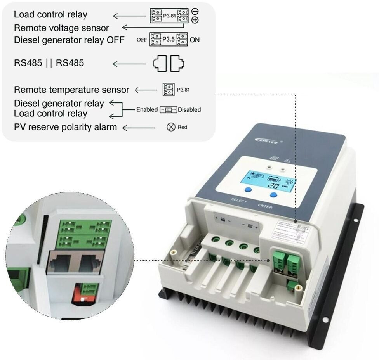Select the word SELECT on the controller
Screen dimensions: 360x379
pos(239,201)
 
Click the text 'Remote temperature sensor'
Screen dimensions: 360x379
pos(71,90)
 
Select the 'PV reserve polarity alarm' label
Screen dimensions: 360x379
pos(65,127)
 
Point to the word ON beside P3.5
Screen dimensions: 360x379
pos(195,40)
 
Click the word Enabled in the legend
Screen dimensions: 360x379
pos(147,110)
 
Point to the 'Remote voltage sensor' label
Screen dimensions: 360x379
pos(61,28)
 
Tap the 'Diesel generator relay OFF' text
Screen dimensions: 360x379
pos(69,40)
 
